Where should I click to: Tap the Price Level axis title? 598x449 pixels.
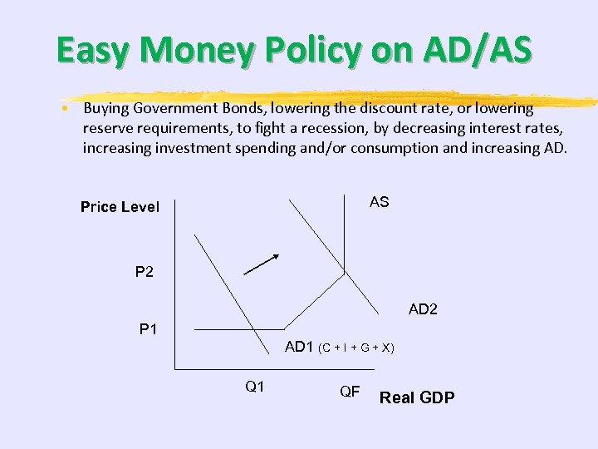point(120,207)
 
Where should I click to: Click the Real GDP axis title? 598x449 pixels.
point(417,397)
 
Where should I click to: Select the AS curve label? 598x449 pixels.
point(379,203)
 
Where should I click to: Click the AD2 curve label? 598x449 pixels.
point(423,309)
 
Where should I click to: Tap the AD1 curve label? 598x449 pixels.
point(298,347)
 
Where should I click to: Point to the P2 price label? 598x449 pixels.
point(145,272)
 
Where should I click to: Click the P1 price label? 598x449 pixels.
point(148,329)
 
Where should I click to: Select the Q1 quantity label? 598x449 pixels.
point(254,386)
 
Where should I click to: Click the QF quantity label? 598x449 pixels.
point(350,391)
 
